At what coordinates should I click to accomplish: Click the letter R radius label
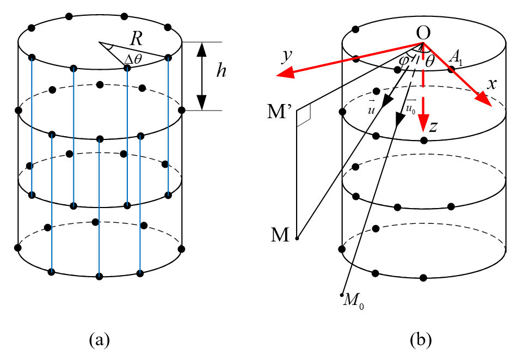pos(136,39)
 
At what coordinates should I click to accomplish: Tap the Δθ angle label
pos(133,59)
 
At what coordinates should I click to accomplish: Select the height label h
pos(221,70)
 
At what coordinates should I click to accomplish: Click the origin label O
pos(423,33)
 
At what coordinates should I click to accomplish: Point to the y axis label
pos(287,56)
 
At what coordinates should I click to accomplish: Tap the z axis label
pos(433,126)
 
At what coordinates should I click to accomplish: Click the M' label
pos(279,112)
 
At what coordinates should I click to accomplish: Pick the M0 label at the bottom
pos(353,301)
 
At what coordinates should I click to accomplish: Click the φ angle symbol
pos(404,60)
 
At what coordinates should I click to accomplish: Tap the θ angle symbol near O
pos(429,62)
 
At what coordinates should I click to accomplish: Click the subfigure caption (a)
pos(99,339)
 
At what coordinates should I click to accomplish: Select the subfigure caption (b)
pos(420,339)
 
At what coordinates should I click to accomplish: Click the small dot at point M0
pos(342,295)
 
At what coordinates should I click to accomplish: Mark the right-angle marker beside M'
pos(304,116)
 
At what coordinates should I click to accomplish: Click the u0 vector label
pos(410,106)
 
